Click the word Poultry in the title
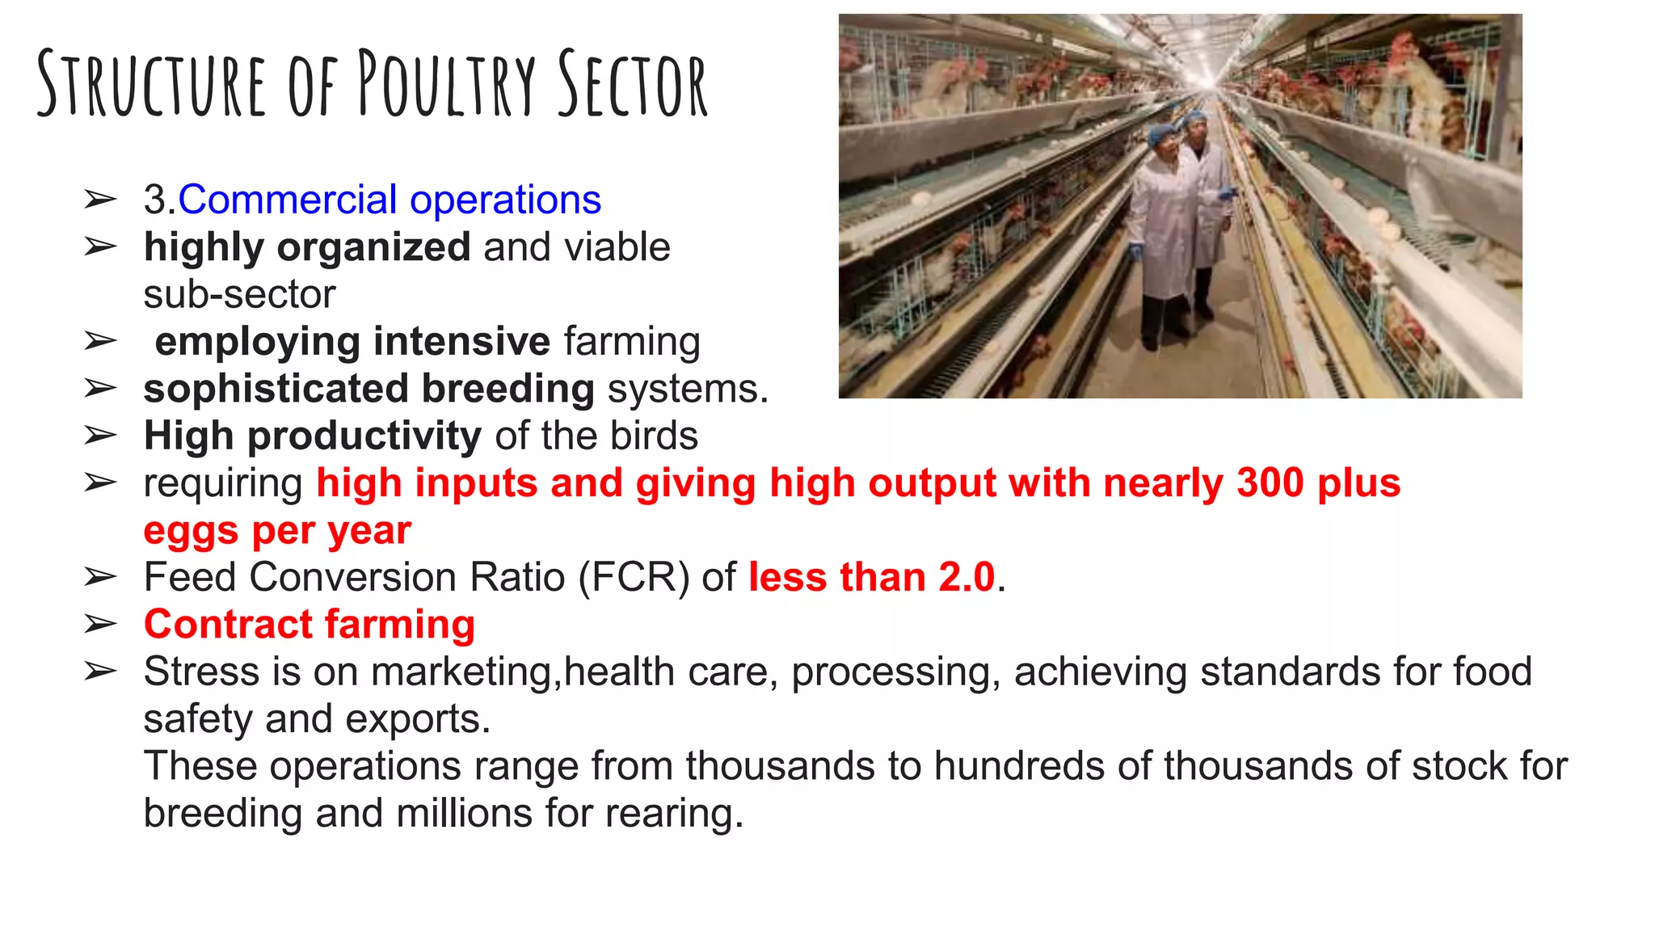pos(446,83)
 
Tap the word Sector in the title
pos(633,83)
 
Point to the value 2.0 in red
pos(966,578)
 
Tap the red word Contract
pos(228,625)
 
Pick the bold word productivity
pos(364,436)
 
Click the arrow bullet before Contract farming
pos(100,625)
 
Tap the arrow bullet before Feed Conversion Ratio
pos(100,578)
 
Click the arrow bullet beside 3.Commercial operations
pos(100,200)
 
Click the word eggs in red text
pos(191,531)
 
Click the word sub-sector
pos(239,295)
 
